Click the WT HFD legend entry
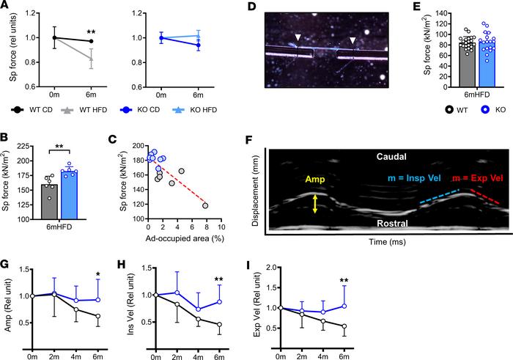tap(84, 110)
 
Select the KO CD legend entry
tap(140, 110)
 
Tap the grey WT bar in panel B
tap(49, 202)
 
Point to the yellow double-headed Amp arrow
tap(314, 205)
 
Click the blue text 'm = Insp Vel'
tap(415, 178)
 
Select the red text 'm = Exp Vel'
tap(477, 178)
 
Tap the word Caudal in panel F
tap(391, 156)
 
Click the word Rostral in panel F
tap(392, 224)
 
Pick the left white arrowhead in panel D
tap(298, 37)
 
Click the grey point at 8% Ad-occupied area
tap(205, 206)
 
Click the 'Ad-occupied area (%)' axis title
tap(185, 238)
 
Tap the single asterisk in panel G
tap(97, 274)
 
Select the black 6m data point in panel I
tap(344, 326)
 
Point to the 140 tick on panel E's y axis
tap(448, 13)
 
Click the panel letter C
tap(112, 140)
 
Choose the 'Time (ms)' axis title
tap(388, 242)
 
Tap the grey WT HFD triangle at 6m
tap(91, 59)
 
